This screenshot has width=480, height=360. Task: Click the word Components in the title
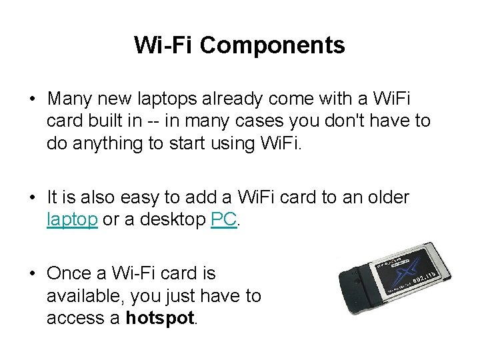click(x=272, y=45)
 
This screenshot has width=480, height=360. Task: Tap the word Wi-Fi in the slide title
click(x=163, y=45)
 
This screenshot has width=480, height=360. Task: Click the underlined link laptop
click(x=72, y=219)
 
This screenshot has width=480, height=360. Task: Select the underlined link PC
click(x=223, y=219)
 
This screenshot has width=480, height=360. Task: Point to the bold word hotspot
click(x=161, y=318)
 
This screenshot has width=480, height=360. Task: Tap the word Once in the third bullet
click(x=71, y=273)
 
